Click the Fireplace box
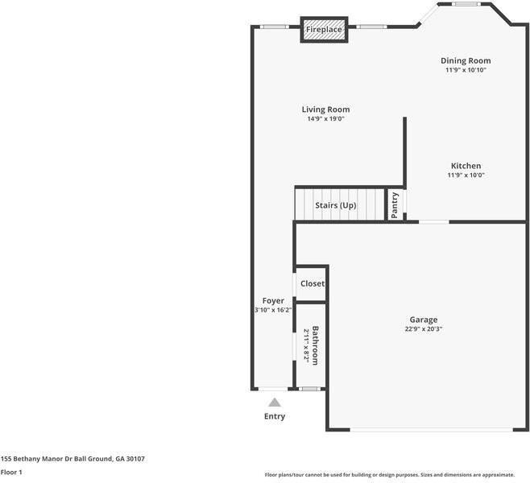[324, 30]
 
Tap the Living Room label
[325, 109]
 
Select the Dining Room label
[466, 60]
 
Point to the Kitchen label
[466, 166]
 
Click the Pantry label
[395, 205]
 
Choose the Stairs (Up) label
[335, 205]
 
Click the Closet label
[313, 283]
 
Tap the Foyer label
[273, 300]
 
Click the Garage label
[423, 320]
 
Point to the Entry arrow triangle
[275, 402]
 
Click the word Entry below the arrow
[275, 416]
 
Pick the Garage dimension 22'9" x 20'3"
[423, 328]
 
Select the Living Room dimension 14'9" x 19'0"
[325, 119]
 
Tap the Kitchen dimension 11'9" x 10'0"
[466, 175]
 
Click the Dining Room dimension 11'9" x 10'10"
[466, 70]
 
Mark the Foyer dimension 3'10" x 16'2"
[272, 310]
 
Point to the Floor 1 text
[11, 472]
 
